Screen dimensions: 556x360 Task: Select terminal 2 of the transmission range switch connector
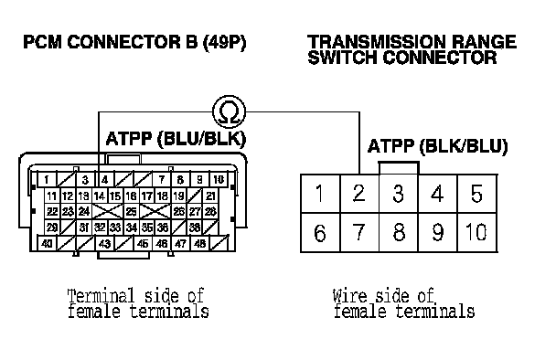(359, 194)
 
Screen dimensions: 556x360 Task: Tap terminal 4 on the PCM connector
(104, 180)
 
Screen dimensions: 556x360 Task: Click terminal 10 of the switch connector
(477, 232)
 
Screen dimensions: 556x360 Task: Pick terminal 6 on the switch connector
(320, 232)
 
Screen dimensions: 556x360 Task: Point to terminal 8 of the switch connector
(399, 232)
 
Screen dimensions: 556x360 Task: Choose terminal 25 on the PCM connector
(131, 212)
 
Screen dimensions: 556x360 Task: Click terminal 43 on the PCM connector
(104, 243)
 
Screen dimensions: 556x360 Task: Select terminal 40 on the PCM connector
(48, 243)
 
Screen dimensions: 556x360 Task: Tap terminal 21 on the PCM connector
(210, 196)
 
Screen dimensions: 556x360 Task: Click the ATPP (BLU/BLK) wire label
(176, 139)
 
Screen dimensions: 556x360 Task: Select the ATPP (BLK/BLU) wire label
(437, 146)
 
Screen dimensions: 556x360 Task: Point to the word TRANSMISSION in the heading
(376, 42)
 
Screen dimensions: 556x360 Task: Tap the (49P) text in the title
(224, 43)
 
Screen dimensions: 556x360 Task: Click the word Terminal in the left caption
(102, 295)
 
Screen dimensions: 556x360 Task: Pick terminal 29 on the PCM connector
(52, 228)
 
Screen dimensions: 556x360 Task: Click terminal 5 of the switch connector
(477, 194)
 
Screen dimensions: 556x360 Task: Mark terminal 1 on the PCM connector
(48, 180)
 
